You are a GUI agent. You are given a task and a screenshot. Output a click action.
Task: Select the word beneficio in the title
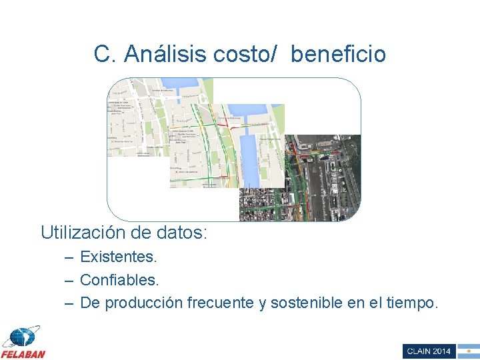[x=338, y=54]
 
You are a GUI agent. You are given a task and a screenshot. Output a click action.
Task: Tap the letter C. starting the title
[x=105, y=54]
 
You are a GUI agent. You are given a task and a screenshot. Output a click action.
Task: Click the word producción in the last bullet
[x=143, y=303]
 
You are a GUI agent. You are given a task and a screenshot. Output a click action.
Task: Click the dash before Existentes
[x=69, y=257]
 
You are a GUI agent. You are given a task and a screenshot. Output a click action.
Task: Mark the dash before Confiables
[x=69, y=280]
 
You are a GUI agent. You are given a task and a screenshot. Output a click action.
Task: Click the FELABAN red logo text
[x=23, y=354]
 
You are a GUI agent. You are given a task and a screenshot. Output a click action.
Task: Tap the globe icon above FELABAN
[x=21, y=337]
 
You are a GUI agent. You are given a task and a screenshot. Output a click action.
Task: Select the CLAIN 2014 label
[x=428, y=351]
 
